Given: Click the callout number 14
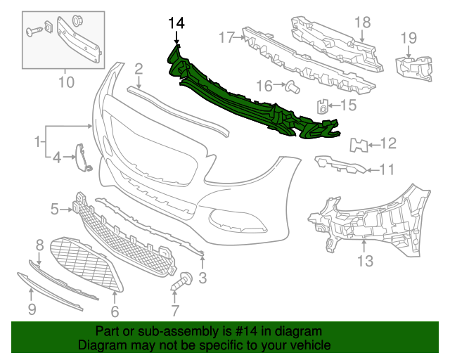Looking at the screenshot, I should pos(176,23).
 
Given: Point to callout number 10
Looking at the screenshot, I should pos(65,82).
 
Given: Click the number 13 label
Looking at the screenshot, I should pos(365,262).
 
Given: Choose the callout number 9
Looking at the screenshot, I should pos(32,309).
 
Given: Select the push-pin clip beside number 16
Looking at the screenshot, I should pos(291,86).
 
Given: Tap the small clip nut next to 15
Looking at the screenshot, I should pos(323,107).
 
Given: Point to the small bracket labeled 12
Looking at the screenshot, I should pos(359,145).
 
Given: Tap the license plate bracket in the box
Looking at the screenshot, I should pos(79,39).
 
